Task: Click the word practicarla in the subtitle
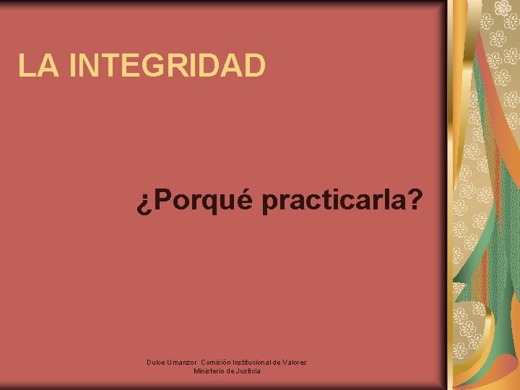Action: click(333, 202)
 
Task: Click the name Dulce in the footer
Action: click(155, 361)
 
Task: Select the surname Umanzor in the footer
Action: click(182, 361)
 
